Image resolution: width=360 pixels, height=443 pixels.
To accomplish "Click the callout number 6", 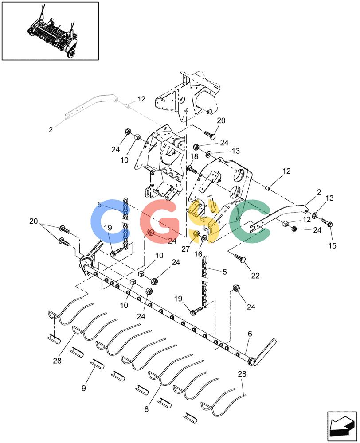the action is [x=250, y=334].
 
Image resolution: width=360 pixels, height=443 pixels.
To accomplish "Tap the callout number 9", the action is [x=84, y=388].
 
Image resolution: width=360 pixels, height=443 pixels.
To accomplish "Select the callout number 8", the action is [x=146, y=409].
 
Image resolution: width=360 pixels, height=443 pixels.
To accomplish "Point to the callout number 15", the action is [x=332, y=245].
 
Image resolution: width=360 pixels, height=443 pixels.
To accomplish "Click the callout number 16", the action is [x=198, y=254].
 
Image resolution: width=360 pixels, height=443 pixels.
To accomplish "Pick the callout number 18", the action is [x=194, y=156].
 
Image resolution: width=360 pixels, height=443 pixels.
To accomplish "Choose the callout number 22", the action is [x=255, y=276].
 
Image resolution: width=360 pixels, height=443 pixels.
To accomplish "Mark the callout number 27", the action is [x=185, y=249].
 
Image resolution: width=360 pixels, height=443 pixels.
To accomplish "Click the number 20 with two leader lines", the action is [x=33, y=221].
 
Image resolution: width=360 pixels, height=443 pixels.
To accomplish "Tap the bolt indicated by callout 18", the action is [x=192, y=170].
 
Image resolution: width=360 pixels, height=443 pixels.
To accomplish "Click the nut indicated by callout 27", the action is [x=196, y=234].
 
